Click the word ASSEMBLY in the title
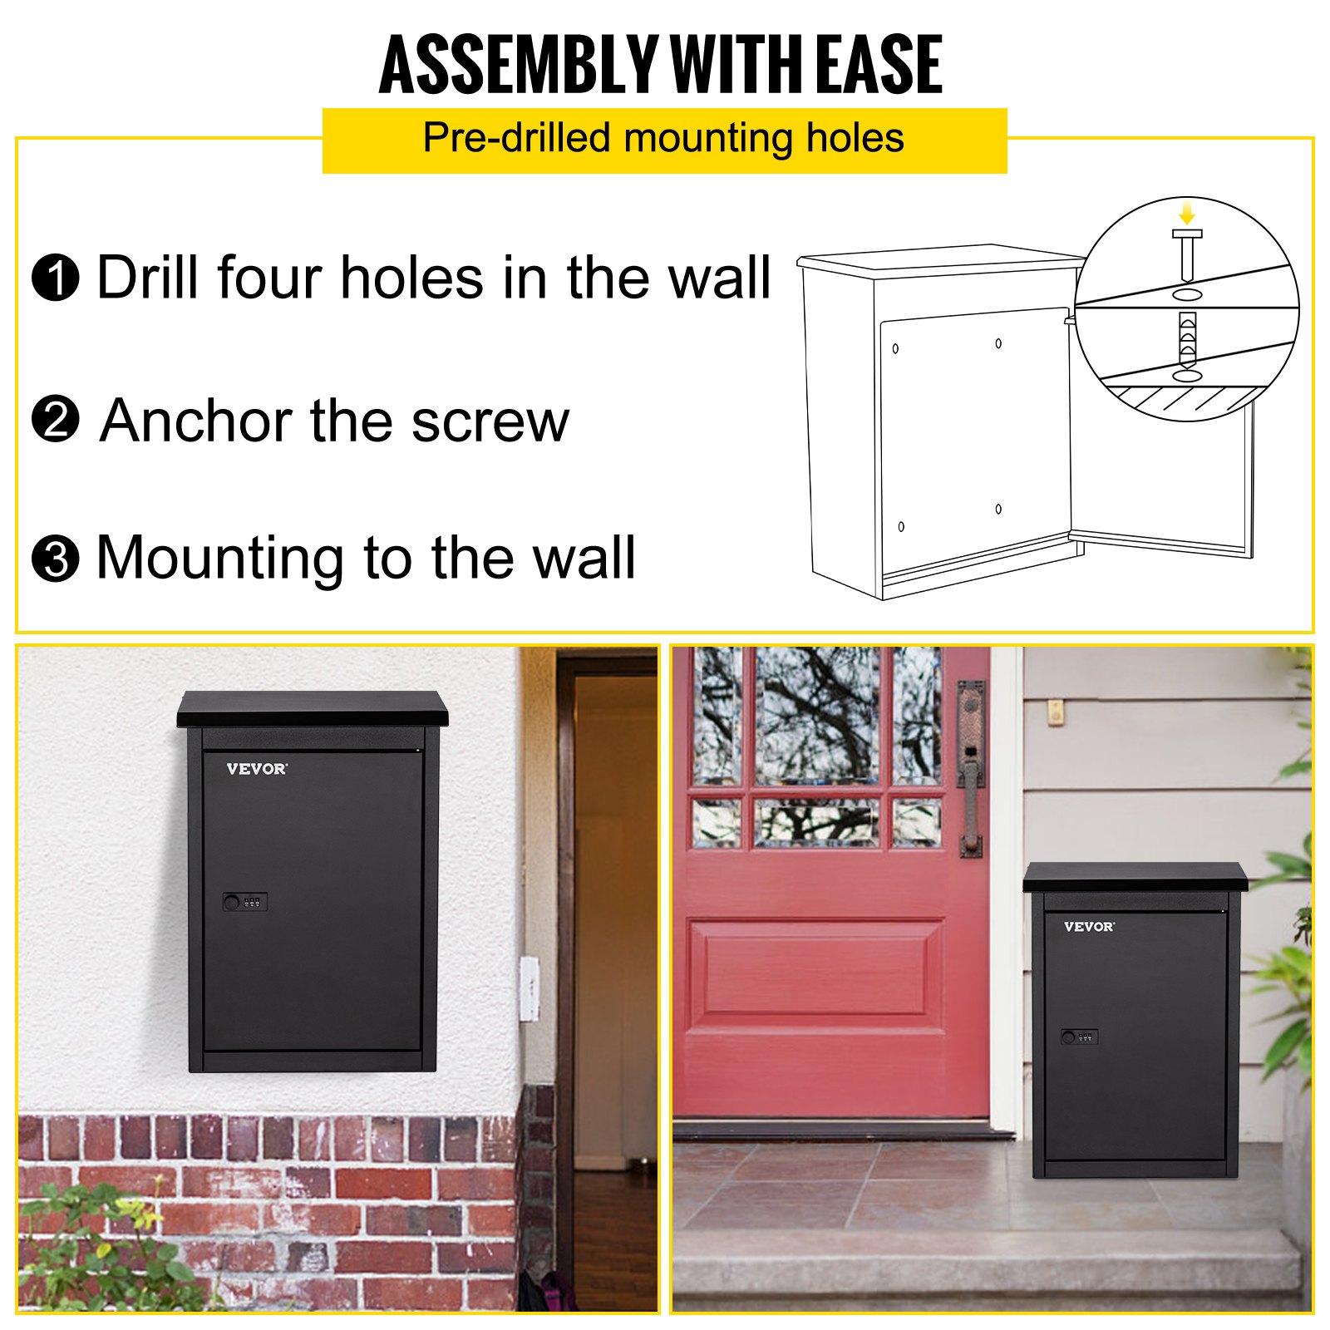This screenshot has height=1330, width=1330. click(518, 65)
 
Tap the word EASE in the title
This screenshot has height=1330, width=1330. click(879, 65)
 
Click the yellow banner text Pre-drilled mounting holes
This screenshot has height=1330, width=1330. click(663, 138)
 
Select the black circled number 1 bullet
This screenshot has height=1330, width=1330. click(56, 278)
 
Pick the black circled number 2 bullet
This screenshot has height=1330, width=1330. click(56, 419)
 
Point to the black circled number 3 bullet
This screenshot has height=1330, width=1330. click(56, 559)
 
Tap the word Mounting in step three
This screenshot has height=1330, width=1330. click(219, 559)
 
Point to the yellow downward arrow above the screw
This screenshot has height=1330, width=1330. click(1187, 211)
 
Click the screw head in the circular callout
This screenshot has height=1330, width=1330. click(1187, 234)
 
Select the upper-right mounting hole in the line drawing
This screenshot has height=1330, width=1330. click(998, 343)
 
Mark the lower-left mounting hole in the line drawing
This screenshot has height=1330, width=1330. click(901, 526)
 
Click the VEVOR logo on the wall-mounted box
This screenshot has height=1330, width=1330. click(257, 769)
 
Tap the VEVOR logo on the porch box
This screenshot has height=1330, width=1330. click(1089, 926)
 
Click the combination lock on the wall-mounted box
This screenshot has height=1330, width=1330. click(244, 902)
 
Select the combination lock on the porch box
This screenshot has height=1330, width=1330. click(1080, 1037)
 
